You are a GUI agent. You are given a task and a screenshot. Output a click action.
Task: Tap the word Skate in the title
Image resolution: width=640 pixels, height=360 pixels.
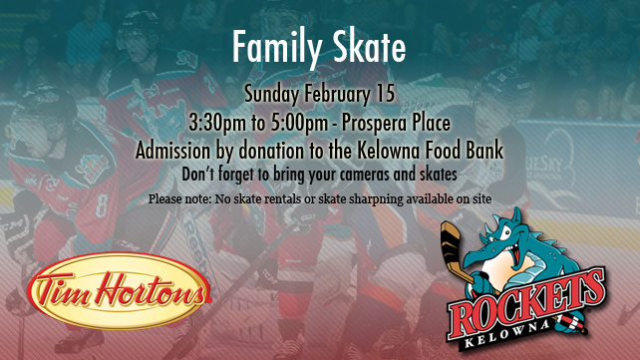tap(369, 46)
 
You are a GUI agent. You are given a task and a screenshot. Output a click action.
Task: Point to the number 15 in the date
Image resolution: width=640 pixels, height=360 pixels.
tap(385, 93)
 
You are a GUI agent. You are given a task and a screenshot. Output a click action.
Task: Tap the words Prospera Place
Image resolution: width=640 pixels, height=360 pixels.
tap(396, 123)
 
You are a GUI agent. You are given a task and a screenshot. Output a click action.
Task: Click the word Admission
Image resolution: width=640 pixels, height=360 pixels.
tap(173, 151)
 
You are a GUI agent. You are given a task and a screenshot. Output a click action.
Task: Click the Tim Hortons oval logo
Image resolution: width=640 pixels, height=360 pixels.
tap(119, 290)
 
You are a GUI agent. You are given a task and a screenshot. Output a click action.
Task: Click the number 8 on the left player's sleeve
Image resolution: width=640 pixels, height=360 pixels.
tap(102, 204)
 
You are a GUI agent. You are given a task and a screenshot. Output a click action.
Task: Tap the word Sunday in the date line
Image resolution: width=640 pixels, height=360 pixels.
tap(272, 94)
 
